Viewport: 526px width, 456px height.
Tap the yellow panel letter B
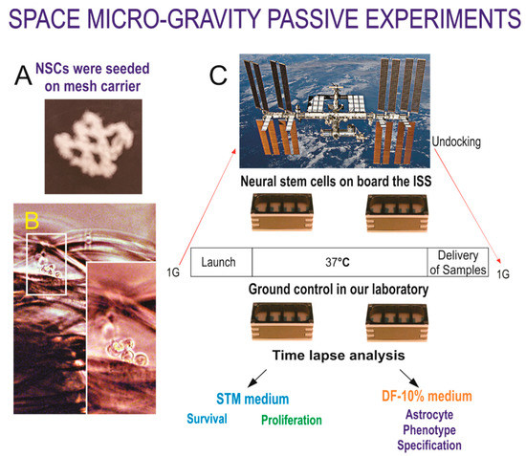33,222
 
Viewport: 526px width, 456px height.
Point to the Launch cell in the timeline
222,261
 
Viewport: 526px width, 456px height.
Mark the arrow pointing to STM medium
255,375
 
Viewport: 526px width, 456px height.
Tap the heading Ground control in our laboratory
331,289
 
